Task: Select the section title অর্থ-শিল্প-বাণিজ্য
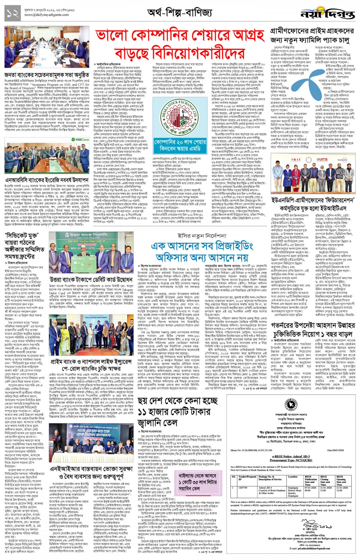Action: [180, 13]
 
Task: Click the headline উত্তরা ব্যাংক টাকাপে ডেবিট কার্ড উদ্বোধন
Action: [91, 279]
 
